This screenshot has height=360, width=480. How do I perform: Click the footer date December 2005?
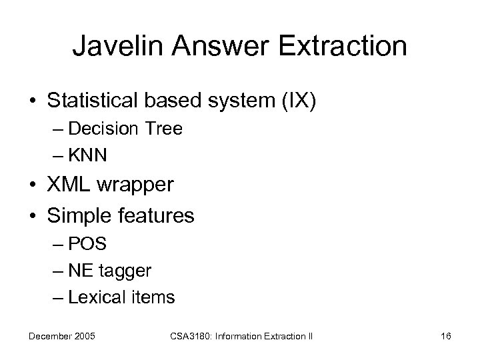pyautogui.click(x=62, y=336)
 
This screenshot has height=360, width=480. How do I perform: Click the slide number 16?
pyautogui.click(x=445, y=336)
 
